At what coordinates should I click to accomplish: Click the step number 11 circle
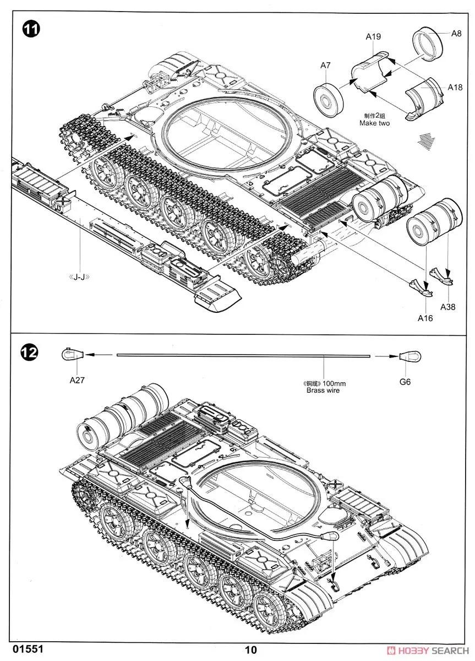click(x=31, y=29)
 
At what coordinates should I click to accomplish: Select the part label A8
click(x=456, y=34)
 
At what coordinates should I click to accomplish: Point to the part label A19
click(x=373, y=37)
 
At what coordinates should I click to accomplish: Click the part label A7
click(x=325, y=65)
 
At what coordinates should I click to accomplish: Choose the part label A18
click(x=455, y=87)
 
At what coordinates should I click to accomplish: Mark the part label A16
click(x=425, y=318)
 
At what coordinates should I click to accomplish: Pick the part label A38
click(x=448, y=307)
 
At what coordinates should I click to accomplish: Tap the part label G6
click(x=406, y=382)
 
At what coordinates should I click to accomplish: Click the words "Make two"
click(x=374, y=123)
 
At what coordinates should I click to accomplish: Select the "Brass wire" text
click(x=323, y=391)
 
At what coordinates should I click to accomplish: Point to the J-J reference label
click(x=80, y=277)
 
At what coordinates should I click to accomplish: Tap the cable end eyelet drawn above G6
click(x=411, y=357)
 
